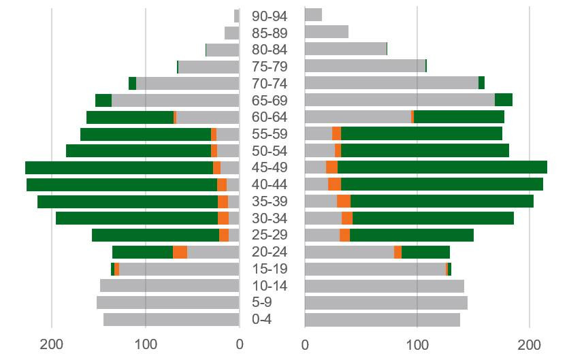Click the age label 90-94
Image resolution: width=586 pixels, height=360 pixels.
(x=270, y=16)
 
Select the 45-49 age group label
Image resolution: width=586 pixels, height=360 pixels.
(x=270, y=167)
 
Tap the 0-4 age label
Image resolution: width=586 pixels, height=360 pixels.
(x=270, y=319)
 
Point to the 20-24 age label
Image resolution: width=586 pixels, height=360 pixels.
(x=270, y=252)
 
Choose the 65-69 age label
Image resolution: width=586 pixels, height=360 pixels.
(x=270, y=100)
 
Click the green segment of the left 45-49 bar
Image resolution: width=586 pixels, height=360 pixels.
(x=119, y=167)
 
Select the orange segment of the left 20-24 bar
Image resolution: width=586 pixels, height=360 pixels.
(x=180, y=252)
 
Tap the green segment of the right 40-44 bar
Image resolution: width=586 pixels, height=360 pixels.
(x=442, y=184)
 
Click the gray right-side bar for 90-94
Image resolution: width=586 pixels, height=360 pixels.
(x=313, y=15)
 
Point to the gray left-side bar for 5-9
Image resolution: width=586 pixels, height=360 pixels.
(x=167, y=302)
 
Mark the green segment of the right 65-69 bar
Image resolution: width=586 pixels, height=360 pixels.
(x=503, y=100)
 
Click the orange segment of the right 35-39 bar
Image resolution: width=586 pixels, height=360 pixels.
(x=344, y=201)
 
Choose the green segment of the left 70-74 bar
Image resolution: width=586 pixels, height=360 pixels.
(x=132, y=83)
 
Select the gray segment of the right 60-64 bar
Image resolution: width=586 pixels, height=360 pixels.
(x=357, y=117)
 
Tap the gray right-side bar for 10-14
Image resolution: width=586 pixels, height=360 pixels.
(x=384, y=286)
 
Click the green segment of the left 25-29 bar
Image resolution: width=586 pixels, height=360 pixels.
(x=155, y=235)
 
